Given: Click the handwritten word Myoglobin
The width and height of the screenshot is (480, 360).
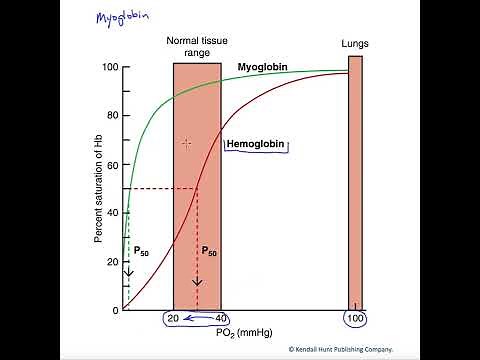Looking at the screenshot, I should (x=117, y=18).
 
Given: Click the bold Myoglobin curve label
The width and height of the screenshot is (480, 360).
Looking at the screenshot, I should (x=263, y=67).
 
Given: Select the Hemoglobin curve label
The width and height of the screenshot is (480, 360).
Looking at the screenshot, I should (x=256, y=144).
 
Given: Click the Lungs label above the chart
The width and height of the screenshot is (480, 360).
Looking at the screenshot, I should (x=355, y=44).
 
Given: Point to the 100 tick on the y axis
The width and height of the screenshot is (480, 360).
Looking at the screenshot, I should (x=110, y=67).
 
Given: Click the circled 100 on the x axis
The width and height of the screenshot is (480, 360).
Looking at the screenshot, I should (x=355, y=319).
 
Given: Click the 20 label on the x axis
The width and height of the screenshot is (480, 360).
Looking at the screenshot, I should (x=173, y=319).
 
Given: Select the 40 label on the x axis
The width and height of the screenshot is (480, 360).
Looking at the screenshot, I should (x=222, y=319).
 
